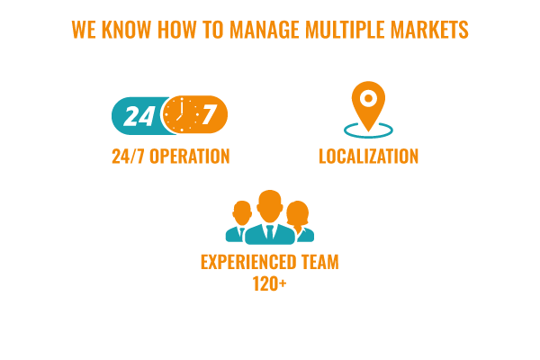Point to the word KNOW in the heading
point(126,30)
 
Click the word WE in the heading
point(84,30)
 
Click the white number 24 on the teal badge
point(139,116)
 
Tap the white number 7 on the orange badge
point(210,114)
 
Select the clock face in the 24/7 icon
point(181,114)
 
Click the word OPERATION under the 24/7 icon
point(189,157)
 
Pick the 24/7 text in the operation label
point(128,157)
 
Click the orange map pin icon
point(368,106)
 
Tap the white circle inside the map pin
point(368,98)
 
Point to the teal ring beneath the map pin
point(368,137)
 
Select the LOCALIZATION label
point(368,157)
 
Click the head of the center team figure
point(270,206)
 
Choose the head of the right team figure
point(298,213)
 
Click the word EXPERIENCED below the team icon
point(248,262)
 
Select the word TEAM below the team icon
point(320,262)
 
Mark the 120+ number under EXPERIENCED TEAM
point(269,283)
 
